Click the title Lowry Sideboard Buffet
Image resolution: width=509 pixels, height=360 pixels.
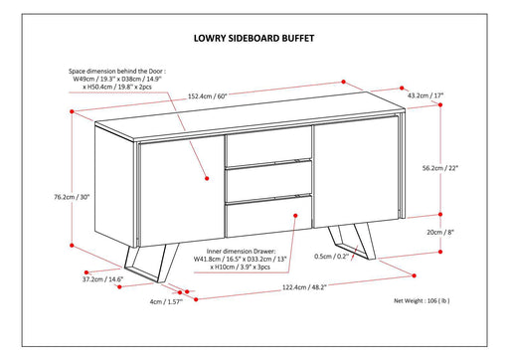point(254,38)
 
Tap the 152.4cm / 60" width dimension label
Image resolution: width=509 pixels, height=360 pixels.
point(208,96)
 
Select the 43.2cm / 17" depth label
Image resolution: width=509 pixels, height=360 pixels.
point(425,95)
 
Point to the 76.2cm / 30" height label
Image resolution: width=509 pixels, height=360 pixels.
point(72,197)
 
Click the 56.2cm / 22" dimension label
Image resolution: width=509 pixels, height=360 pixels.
point(440,168)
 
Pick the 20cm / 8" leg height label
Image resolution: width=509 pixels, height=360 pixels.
point(440,232)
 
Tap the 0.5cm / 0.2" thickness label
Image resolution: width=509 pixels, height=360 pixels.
point(332,257)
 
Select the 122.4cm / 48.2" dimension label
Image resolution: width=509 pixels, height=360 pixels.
point(304,287)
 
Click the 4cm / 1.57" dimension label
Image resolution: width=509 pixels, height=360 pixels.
point(166,301)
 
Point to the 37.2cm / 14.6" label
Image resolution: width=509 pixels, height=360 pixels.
point(102,279)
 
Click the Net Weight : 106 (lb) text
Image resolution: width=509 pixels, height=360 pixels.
point(422,300)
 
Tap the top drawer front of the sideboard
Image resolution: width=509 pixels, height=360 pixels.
point(268,146)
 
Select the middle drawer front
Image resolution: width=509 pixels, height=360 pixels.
point(268,182)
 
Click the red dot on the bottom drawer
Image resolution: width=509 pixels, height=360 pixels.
point(295,216)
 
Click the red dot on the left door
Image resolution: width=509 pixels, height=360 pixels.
point(207,178)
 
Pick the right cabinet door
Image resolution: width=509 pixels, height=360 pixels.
point(355,171)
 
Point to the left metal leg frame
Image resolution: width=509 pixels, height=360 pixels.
point(152,263)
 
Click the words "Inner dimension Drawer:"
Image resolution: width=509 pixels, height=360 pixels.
point(241,252)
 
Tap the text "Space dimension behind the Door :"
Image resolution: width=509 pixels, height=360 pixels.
point(117,71)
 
